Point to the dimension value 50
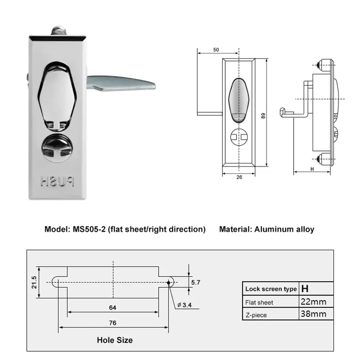coord(216,50)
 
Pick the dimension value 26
coord(239,177)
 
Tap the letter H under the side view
coord(312,168)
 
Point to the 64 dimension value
coord(113,307)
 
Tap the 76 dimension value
coord(113,323)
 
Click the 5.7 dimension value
coord(196,283)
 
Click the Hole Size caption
coord(114,340)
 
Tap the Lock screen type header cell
coord(271,289)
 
